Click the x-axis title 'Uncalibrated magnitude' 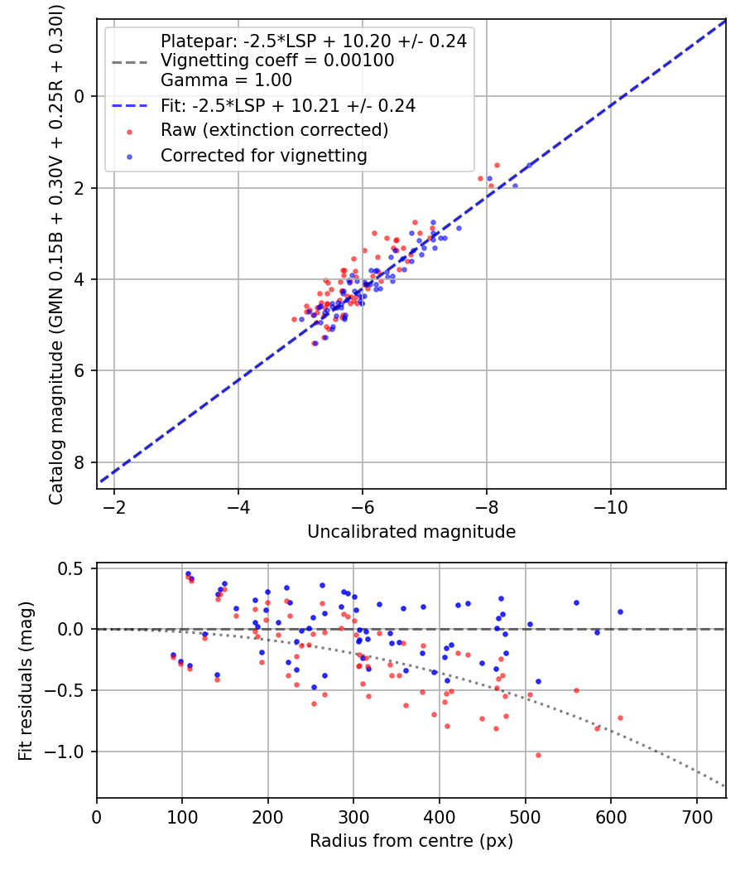point(411,532)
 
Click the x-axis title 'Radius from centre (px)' point(411,841)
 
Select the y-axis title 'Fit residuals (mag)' point(26,681)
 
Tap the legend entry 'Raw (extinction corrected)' point(274,130)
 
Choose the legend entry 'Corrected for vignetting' point(263,155)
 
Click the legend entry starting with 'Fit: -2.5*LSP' point(287,106)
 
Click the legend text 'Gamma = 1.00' point(226,80)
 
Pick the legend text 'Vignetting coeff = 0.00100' point(277,60)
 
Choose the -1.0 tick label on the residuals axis point(70,752)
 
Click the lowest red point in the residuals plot point(538,755)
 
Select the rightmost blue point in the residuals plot point(620,611)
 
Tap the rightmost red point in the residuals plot point(620,718)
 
